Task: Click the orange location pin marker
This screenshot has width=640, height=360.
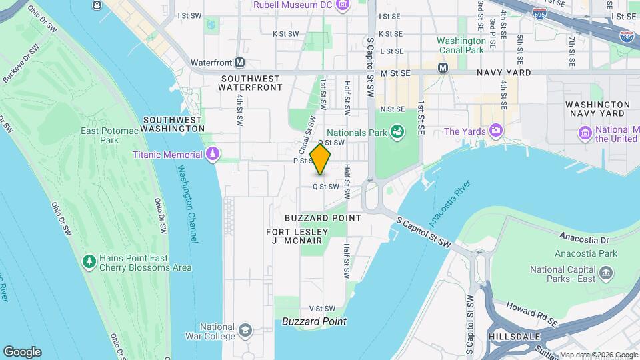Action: click(321, 159)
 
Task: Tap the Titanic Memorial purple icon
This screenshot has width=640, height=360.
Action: click(213, 155)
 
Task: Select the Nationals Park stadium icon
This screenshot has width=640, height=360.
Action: click(397, 132)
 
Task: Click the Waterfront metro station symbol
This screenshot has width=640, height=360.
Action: click(239, 63)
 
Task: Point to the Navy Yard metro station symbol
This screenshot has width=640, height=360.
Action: click(442, 68)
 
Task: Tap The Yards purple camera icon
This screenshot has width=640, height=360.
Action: click(495, 131)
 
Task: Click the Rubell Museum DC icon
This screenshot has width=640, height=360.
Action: click(343, 6)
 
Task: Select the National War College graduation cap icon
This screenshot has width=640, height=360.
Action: click(245, 330)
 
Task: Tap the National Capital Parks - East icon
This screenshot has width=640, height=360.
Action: click(606, 273)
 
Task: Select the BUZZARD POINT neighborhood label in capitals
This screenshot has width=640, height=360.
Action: click(323, 218)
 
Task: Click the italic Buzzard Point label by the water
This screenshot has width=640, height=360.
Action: click(314, 321)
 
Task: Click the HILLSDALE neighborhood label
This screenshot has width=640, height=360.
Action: click(513, 337)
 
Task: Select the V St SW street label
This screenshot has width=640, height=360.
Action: click(321, 308)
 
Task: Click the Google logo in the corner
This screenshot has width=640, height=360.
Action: click(22, 352)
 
